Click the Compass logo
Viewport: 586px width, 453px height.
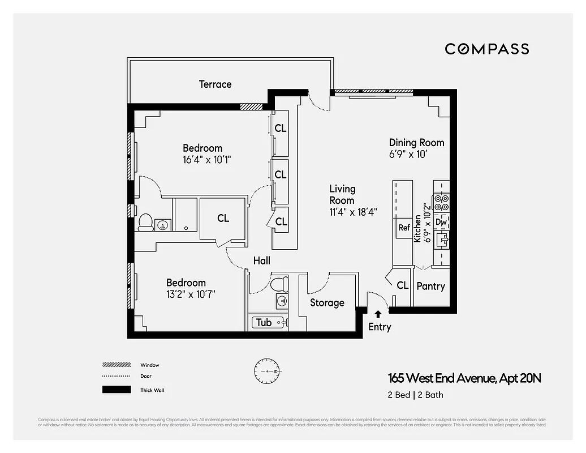[486, 49]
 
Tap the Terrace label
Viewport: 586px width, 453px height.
[215, 84]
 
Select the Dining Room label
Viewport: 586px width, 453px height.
[416, 143]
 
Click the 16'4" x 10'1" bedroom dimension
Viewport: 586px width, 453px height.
[207, 160]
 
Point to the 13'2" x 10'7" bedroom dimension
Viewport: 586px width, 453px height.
[191, 294]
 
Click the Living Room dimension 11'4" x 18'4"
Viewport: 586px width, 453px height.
[354, 212]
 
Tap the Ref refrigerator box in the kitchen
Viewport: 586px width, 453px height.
[404, 228]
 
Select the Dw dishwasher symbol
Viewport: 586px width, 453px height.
[442, 223]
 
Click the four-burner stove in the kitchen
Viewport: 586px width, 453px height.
[441, 202]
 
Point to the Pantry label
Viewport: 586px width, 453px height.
[430, 287]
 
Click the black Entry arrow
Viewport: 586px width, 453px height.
[378, 313]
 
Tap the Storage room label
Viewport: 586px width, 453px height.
[327, 303]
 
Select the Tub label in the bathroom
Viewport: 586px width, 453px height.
[264, 323]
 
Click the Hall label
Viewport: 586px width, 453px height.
[261, 261]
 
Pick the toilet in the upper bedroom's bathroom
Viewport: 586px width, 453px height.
[145, 222]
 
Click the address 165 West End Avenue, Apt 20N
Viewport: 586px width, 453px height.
[464, 378]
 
